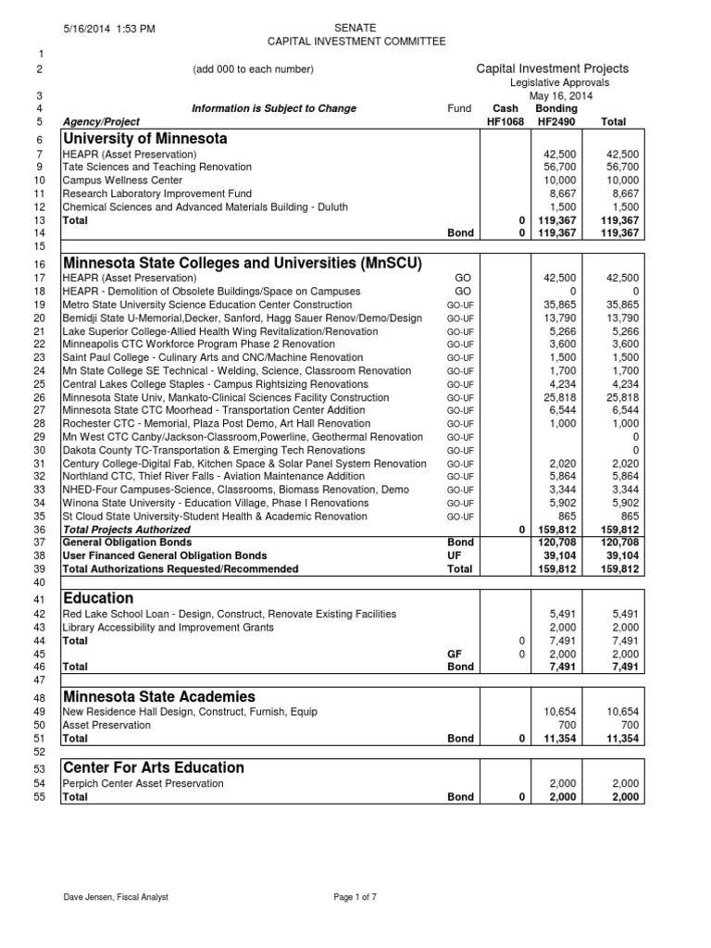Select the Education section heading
click(98, 598)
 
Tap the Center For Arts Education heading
click(153, 767)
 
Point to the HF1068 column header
click(505, 121)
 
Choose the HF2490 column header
click(556, 121)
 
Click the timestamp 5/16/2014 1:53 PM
click(110, 30)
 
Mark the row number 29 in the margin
click(39, 437)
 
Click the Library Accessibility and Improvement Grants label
click(168, 628)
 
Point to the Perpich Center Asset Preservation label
click(143, 783)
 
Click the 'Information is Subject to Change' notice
click(273, 108)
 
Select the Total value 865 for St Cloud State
click(630, 517)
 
